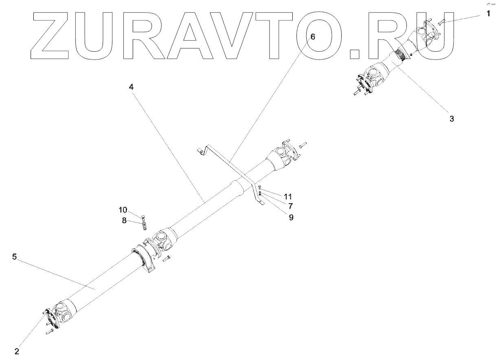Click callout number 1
click(488, 14)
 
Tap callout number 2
click(17, 351)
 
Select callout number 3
click(452, 119)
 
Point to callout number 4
click(132, 87)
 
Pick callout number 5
click(14, 257)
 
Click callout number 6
click(312, 36)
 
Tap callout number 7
click(291, 206)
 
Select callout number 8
click(124, 221)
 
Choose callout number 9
click(291, 217)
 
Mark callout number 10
click(123, 210)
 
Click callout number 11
click(288, 196)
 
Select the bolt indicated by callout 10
click(143, 217)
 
